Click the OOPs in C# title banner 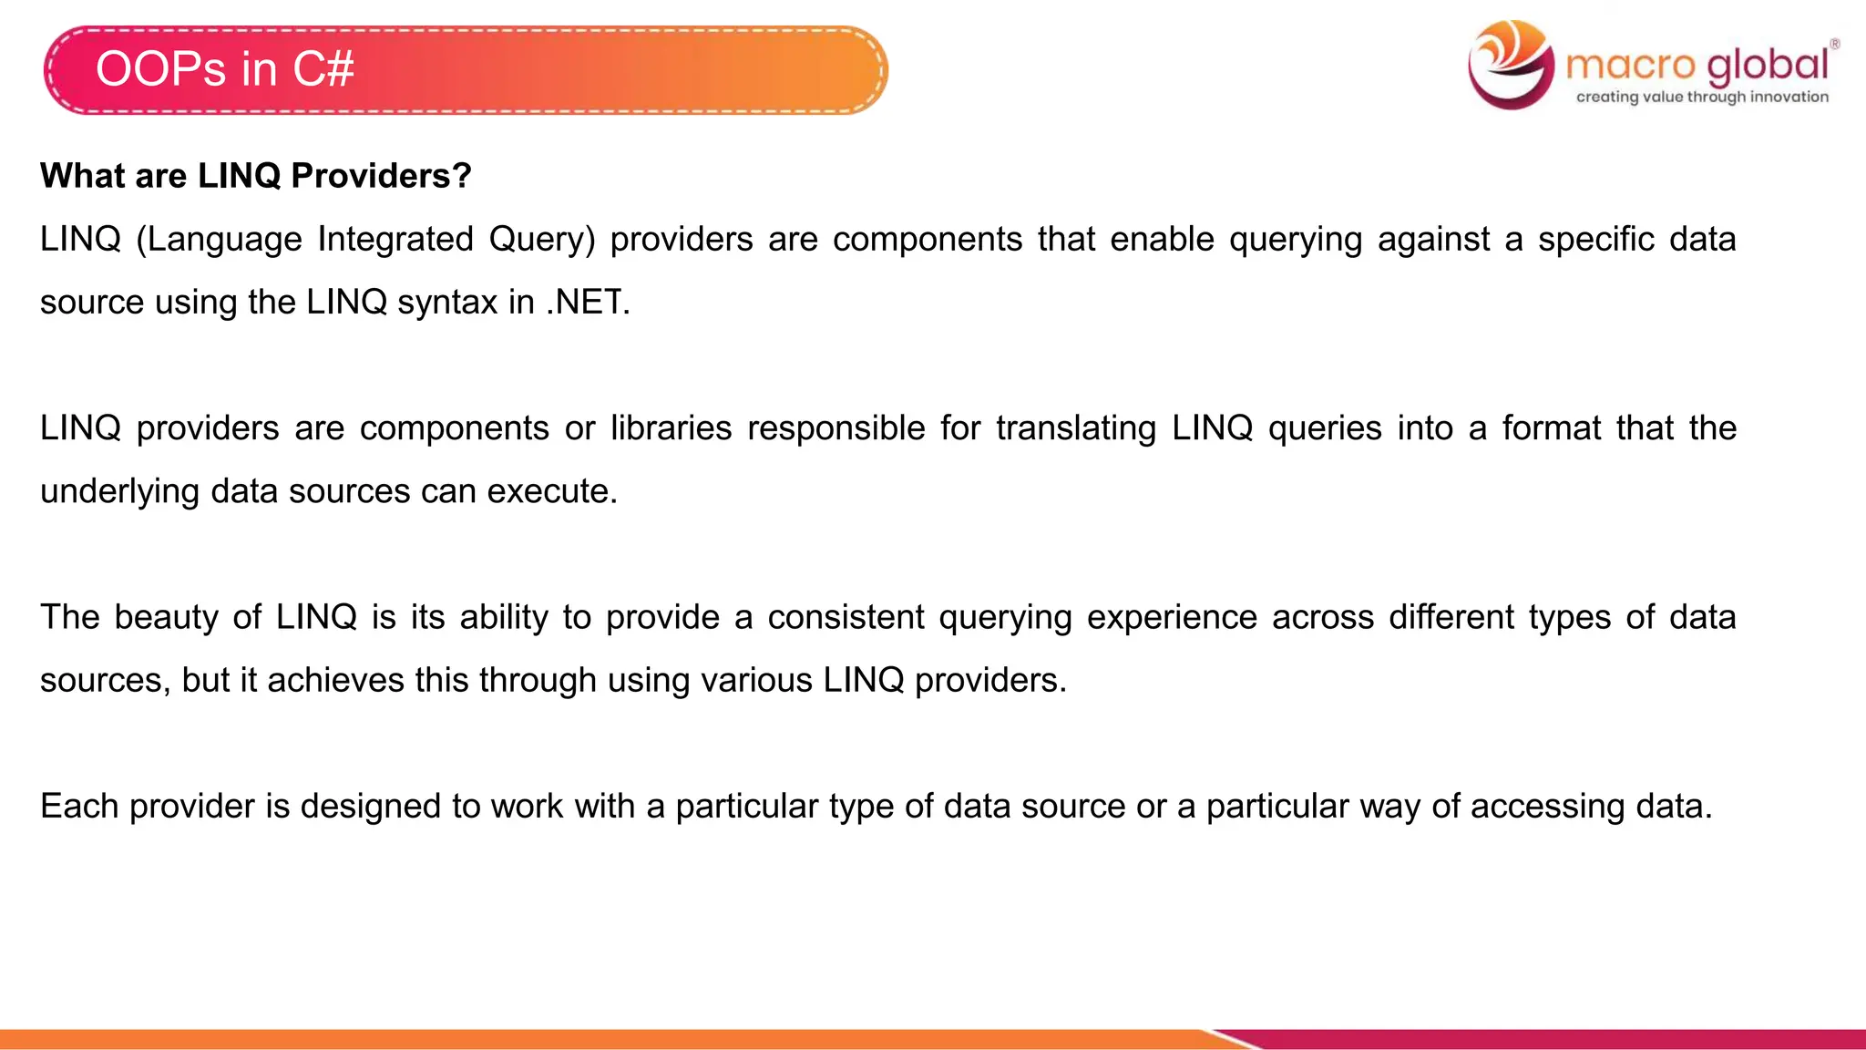click(465, 70)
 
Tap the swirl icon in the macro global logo click(1512, 64)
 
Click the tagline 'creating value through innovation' click(1702, 97)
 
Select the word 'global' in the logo click(1768, 65)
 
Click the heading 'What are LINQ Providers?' click(256, 175)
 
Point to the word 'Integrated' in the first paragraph click(395, 239)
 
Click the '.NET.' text click(588, 302)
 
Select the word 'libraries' click(671, 427)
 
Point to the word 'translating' click(1076, 427)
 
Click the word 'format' click(1551, 427)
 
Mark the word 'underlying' click(119, 491)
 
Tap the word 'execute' click(552, 491)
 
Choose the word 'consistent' click(846, 617)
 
